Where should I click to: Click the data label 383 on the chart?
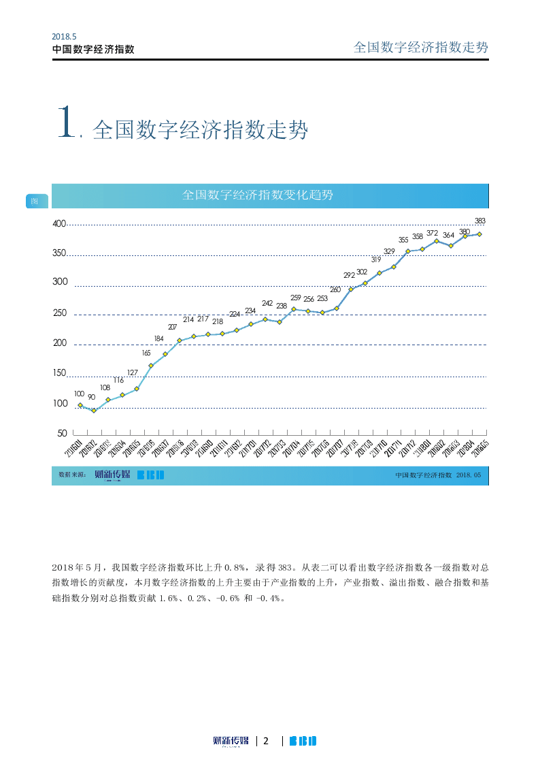point(479,221)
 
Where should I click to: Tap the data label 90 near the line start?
point(91,396)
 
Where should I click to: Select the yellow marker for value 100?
point(80,405)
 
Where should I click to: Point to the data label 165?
point(146,353)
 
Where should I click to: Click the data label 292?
point(349,275)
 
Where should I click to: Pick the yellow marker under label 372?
point(437,241)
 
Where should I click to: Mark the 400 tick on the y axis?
point(59,224)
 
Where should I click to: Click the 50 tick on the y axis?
point(62,433)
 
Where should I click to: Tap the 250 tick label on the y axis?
point(59,314)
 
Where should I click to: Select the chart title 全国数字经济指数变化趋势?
point(258,195)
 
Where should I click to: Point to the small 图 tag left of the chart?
point(35,201)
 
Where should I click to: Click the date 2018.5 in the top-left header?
point(63,37)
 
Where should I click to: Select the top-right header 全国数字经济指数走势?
point(421,47)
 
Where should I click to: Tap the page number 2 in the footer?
point(267,741)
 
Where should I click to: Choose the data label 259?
point(296,298)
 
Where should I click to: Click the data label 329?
point(389,251)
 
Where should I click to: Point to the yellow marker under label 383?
point(479,234)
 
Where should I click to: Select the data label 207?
point(172,328)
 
